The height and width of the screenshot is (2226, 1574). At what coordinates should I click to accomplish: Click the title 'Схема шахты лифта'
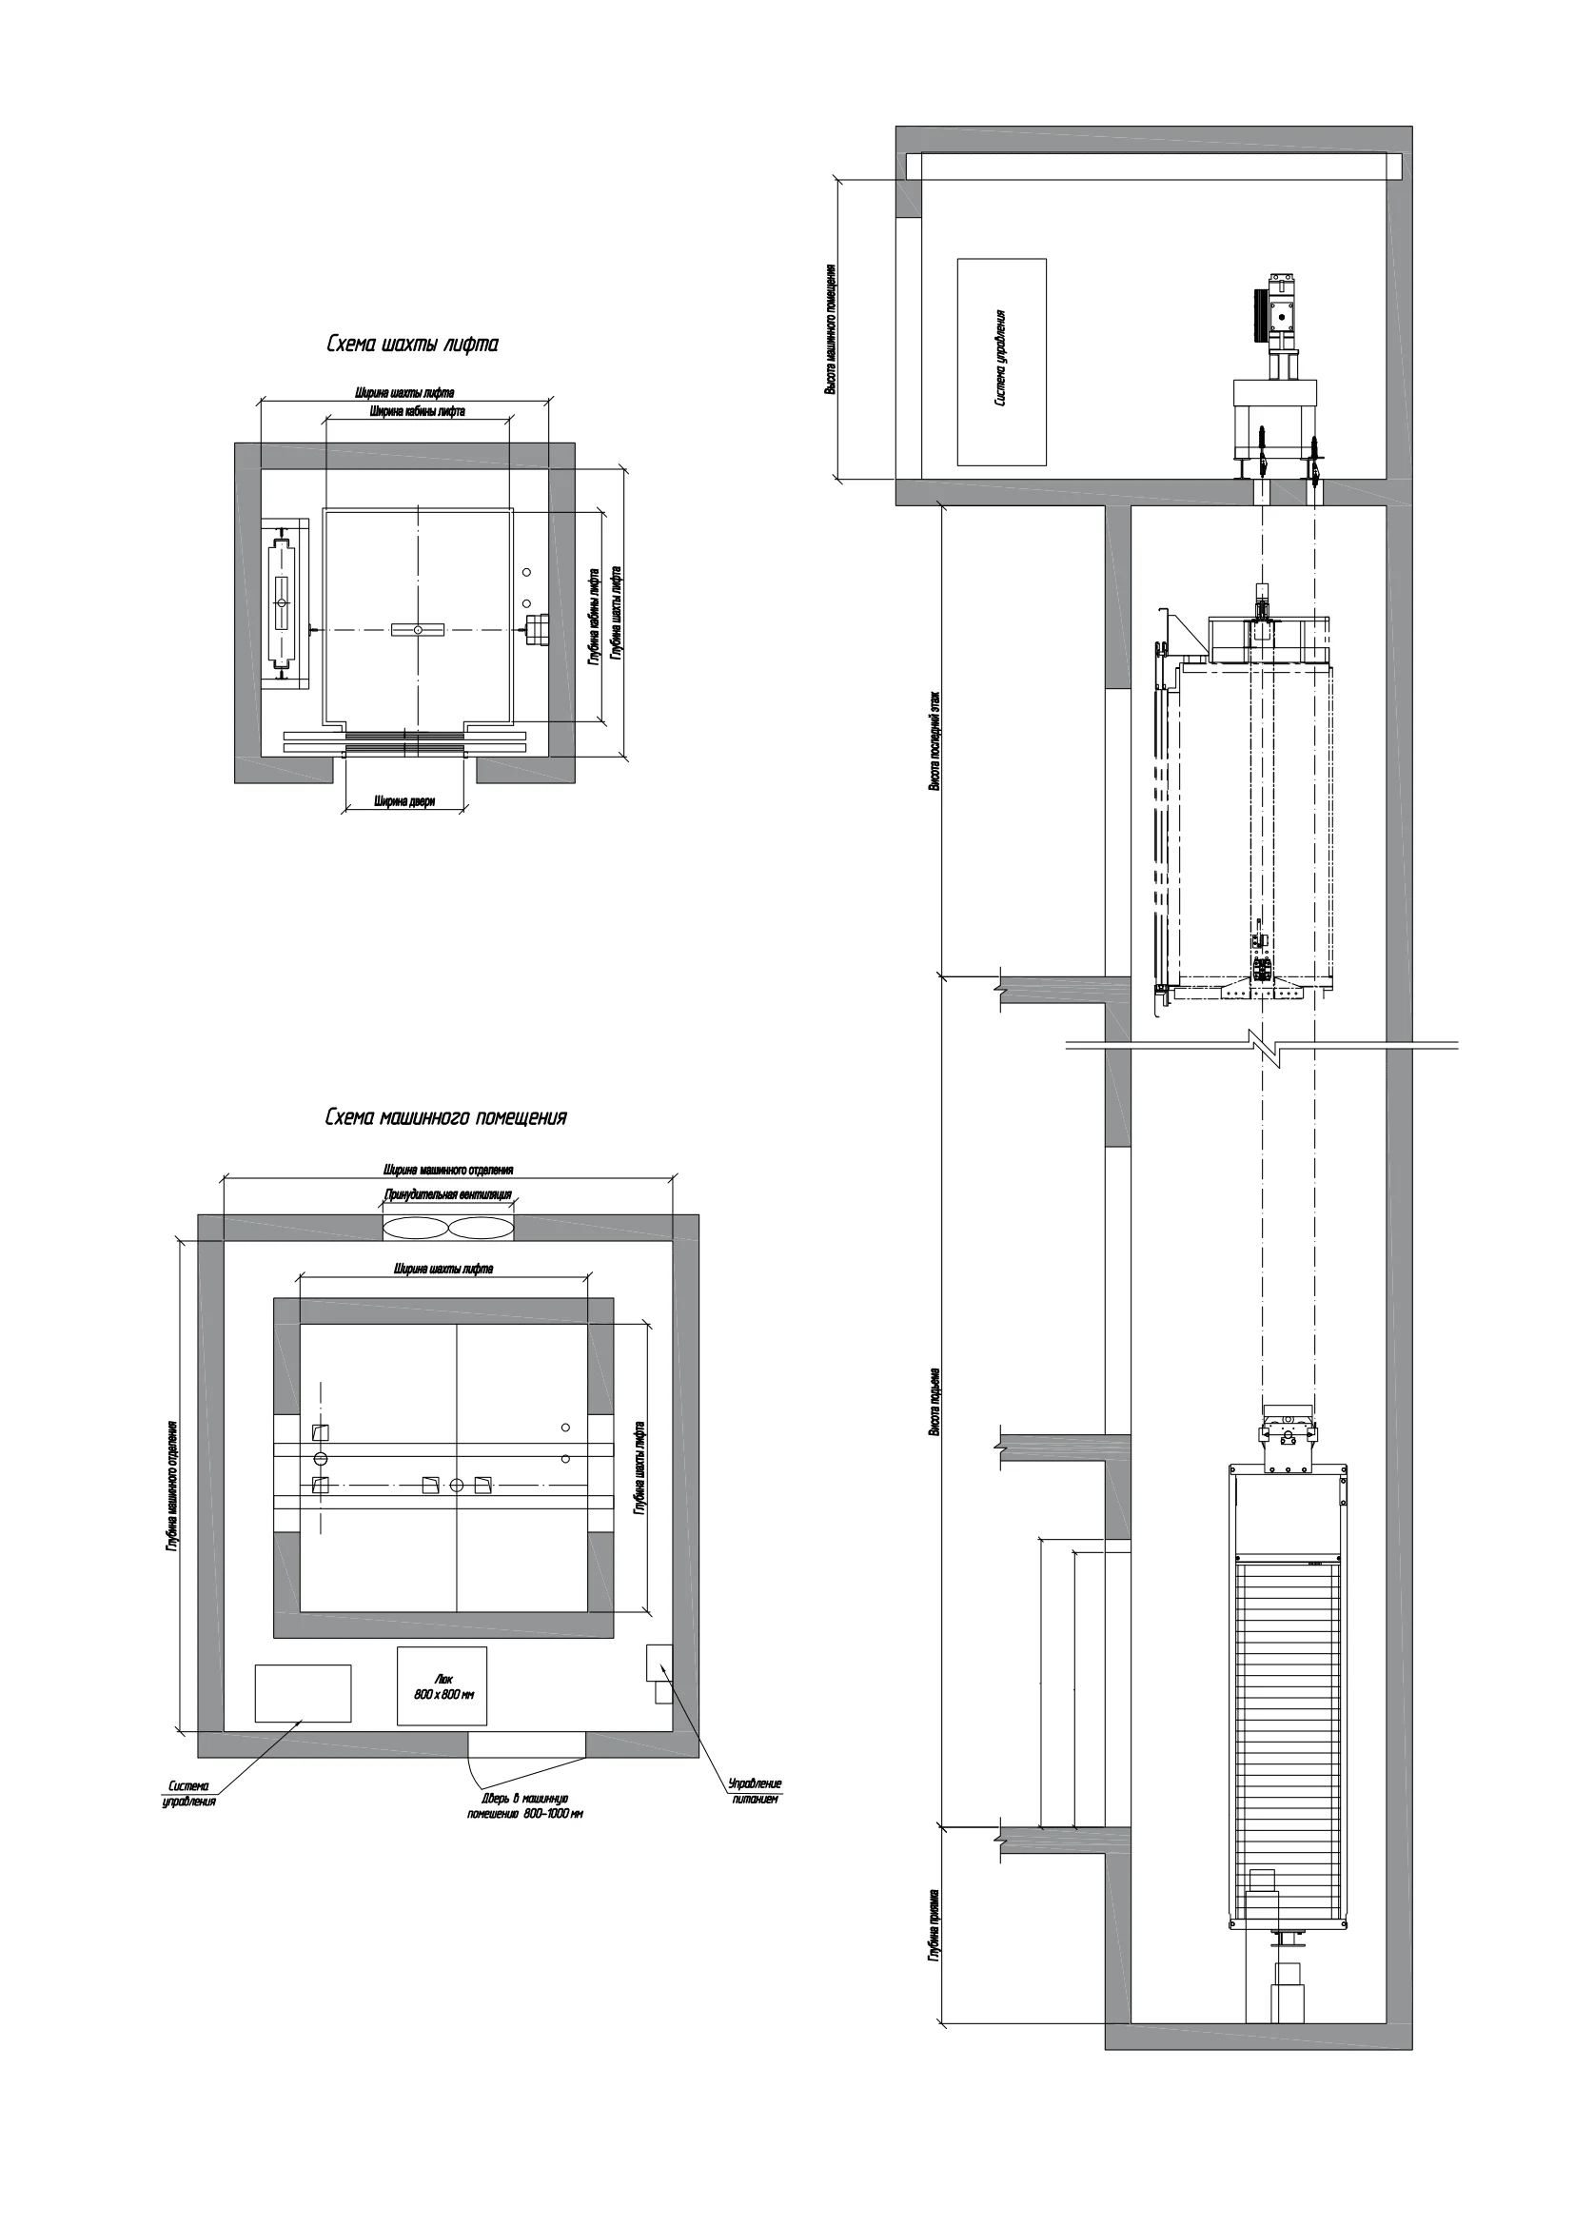[x=412, y=345]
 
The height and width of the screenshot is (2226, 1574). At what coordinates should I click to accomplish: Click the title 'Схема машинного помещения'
[x=445, y=1118]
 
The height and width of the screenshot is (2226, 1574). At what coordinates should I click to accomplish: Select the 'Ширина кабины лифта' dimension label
[x=417, y=411]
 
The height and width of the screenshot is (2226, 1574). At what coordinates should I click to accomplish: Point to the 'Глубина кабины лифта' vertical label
[x=593, y=617]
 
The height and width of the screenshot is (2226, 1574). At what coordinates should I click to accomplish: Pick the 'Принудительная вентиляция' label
[x=448, y=1195]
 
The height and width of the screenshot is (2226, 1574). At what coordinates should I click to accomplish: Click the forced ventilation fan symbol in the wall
[x=448, y=1228]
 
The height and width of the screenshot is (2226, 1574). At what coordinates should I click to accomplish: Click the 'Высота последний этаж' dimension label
[x=935, y=741]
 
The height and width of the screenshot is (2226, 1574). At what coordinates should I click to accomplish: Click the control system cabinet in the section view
[x=1001, y=362]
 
